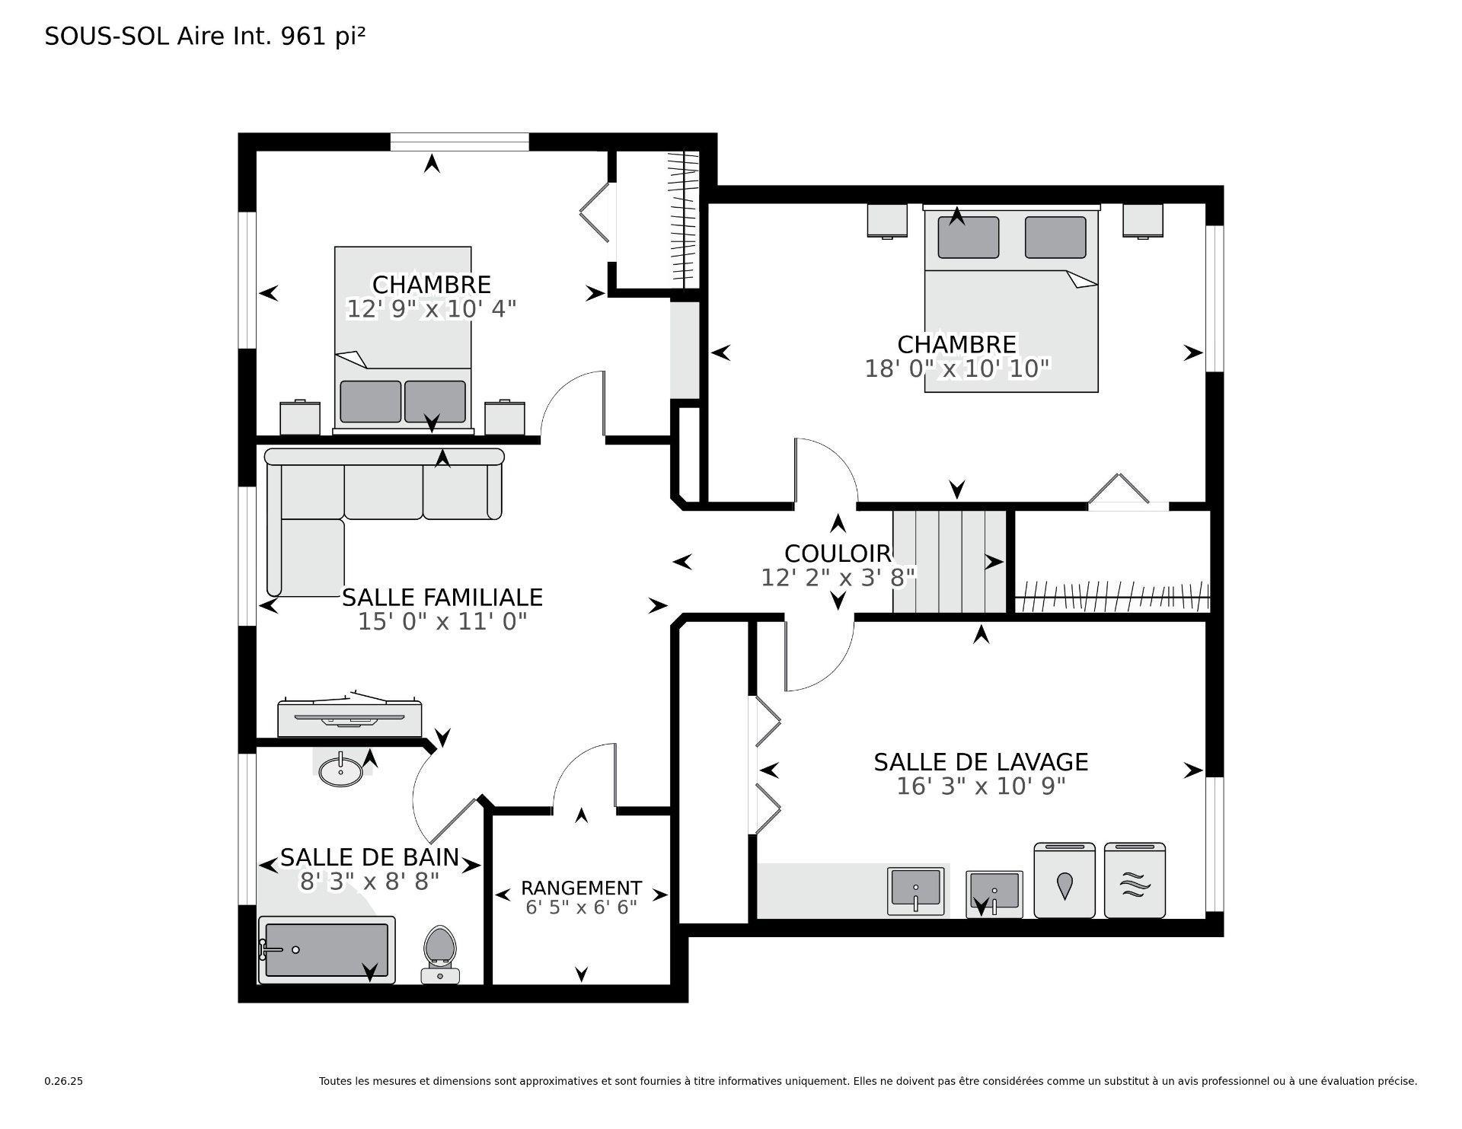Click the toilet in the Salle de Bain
(x=440, y=952)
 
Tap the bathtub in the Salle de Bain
(x=327, y=949)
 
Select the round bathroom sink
(x=340, y=770)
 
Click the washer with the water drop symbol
(x=1064, y=881)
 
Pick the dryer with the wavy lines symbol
(x=1135, y=881)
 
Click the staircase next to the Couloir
(x=950, y=561)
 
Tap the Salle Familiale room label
(x=442, y=597)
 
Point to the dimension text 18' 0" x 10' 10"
(x=957, y=369)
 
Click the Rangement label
(x=581, y=888)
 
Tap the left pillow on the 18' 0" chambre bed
(x=968, y=237)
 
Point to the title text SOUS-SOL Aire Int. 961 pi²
(x=205, y=37)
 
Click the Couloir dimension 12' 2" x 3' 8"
(x=838, y=578)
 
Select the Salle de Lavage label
(x=980, y=761)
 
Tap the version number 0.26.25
(x=63, y=1081)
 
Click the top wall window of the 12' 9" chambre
(x=459, y=142)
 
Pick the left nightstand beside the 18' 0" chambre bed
(x=887, y=221)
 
